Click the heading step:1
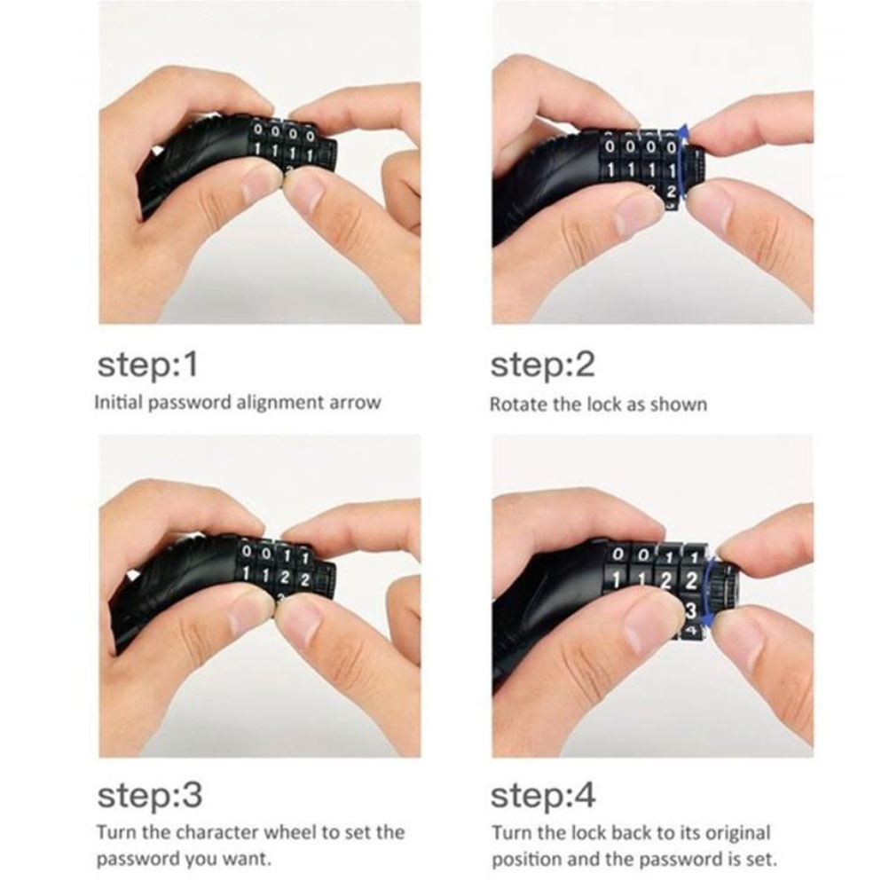148,365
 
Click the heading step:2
543,365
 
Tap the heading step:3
150,795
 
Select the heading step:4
543,795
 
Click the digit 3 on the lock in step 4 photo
690,610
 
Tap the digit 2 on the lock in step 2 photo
671,191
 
